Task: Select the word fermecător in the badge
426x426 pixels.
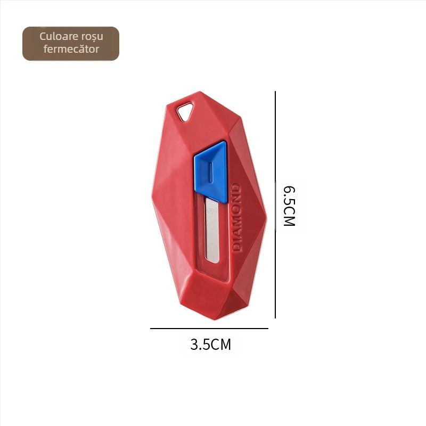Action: [71, 50]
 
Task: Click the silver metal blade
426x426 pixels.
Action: [212, 232]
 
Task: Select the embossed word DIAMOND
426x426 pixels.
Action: [237, 218]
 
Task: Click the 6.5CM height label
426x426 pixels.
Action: [289, 206]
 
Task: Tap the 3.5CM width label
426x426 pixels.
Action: [211, 345]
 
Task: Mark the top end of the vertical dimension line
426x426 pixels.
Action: [275, 92]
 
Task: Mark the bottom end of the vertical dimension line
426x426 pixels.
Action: [275, 318]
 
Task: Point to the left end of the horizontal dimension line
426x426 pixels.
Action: [151, 329]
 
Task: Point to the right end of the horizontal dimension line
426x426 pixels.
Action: [268, 329]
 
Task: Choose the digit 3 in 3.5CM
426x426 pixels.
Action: [195, 345]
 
